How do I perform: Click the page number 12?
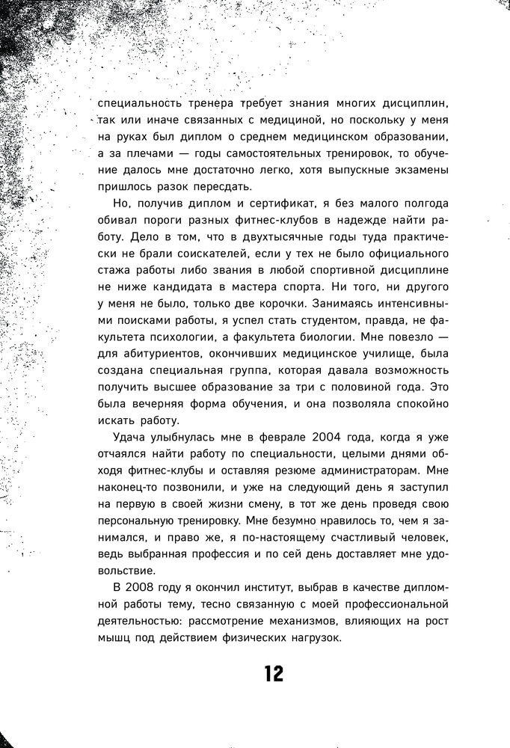coord(274,675)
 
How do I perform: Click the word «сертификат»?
coord(266,205)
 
